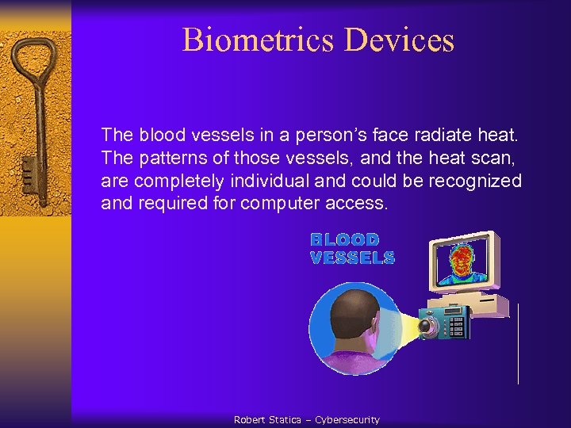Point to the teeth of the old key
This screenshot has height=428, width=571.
coord(28,170)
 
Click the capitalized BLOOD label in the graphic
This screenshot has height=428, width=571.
coord(344,239)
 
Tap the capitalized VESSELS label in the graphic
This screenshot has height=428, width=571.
coord(352,258)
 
